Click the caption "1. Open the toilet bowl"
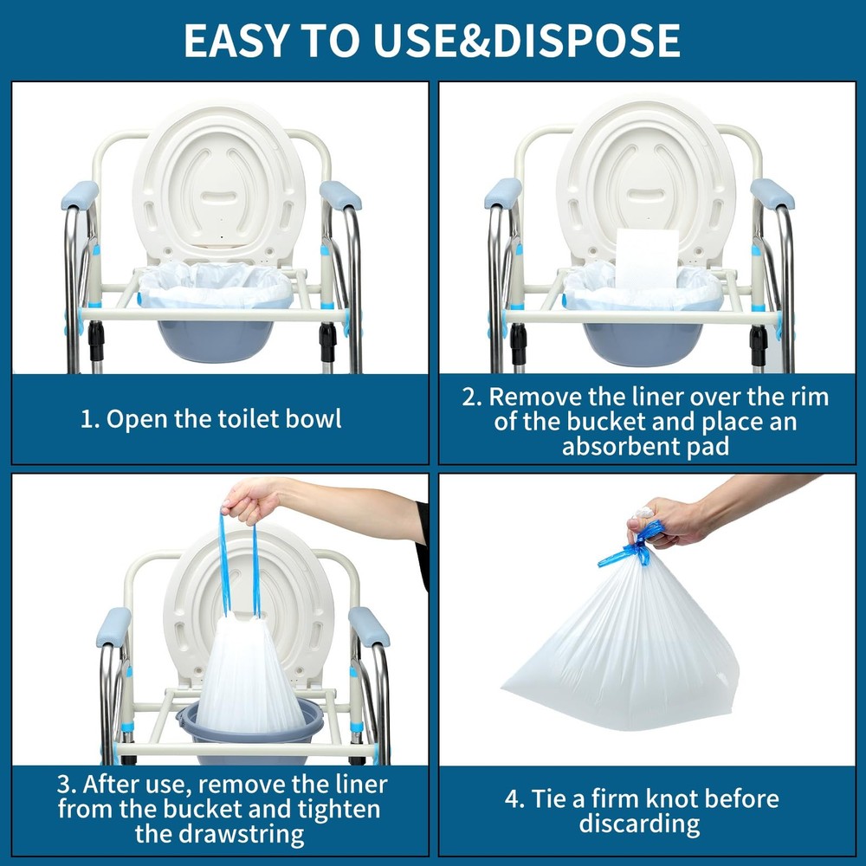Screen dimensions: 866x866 [211, 419]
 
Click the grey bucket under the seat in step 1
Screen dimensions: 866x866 [216, 337]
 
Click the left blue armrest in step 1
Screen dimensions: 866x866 [79, 195]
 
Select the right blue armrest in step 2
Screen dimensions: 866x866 [772, 193]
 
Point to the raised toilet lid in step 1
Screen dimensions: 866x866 [219, 182]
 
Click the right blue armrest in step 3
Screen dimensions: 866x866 [369, 625]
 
